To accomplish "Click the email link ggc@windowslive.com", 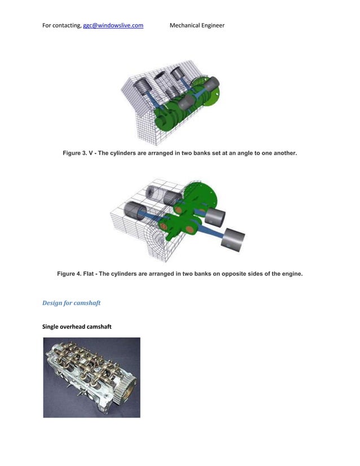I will coord(113,25).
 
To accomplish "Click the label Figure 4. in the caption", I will coord(69,274).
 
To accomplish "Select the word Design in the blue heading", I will coord(53,303).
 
